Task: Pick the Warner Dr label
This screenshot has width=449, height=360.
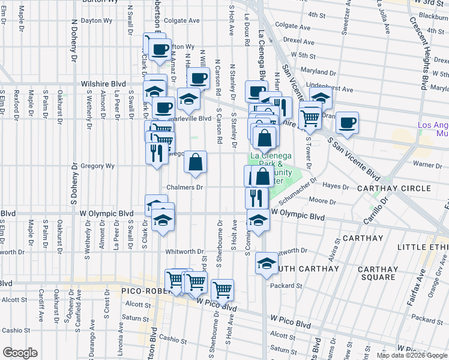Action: pos(427,163)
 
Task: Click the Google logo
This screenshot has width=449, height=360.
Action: pos(20,353)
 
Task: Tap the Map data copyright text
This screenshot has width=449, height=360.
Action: pos(411,356)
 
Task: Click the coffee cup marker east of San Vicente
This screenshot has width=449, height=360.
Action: pos(347,123)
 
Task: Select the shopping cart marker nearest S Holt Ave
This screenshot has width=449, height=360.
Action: pos(222,290)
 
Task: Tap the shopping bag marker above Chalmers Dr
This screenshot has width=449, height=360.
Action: pos(195,162)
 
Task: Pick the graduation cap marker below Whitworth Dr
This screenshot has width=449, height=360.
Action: pos(266,263)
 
